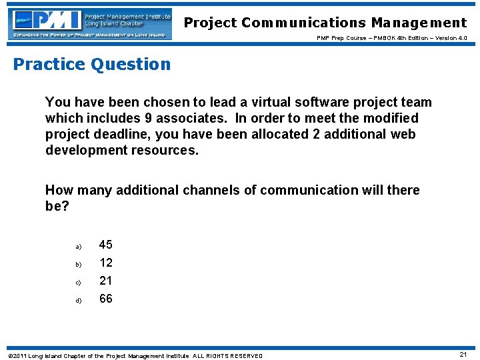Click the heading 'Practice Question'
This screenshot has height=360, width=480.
tap(92, 64)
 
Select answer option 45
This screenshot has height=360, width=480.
tap(106, 245)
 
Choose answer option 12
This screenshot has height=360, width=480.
tap(106, 263)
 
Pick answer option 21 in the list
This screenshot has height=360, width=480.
tap(106, 281)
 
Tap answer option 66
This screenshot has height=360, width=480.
tap(106, 299)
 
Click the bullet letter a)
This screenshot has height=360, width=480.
tap(77, 246)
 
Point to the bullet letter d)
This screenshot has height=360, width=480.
tap(77, 300)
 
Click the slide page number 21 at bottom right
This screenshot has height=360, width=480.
tap(463, 355)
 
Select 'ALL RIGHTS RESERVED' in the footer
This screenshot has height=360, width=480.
tap(227, 355)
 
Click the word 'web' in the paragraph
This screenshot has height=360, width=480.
tap(402, 134)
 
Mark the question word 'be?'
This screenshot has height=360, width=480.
tap(57, 206)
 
